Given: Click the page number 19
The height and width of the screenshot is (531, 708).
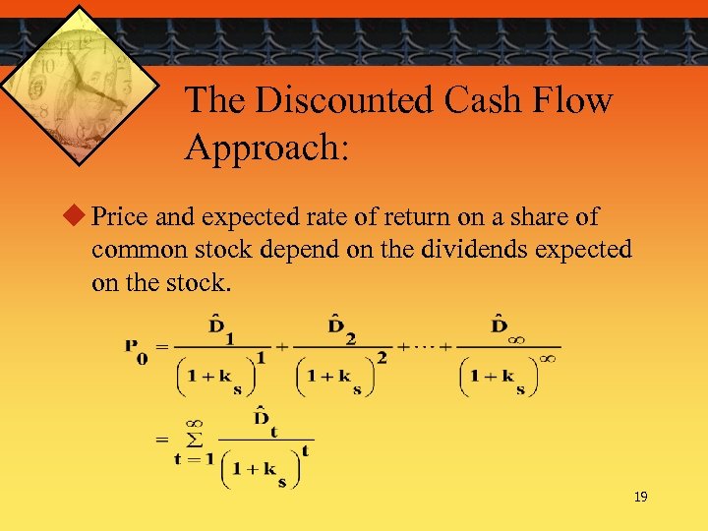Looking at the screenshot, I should pos(640,498).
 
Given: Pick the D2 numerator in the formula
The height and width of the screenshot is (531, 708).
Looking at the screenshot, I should pos(342,326).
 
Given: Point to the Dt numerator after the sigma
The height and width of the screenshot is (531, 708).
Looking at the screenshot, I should pos(264,420).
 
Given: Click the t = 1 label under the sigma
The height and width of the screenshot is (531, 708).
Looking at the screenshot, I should pos(193,459).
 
